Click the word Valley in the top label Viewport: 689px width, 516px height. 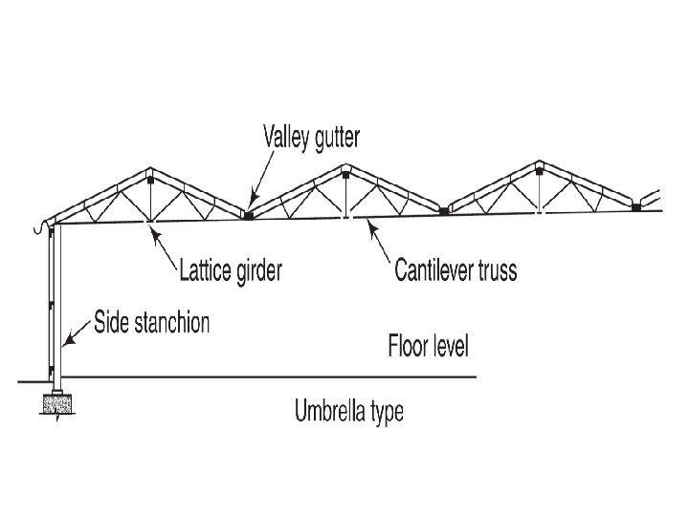tap(290, 137)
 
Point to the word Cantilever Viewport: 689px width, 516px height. tap(436, 270)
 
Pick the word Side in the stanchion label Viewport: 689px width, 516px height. tap(110, 323)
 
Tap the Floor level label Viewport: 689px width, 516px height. tap(428, 345)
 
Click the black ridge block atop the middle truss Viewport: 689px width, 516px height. tap(345, 172)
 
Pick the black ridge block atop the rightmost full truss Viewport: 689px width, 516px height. tap(539, 169)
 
